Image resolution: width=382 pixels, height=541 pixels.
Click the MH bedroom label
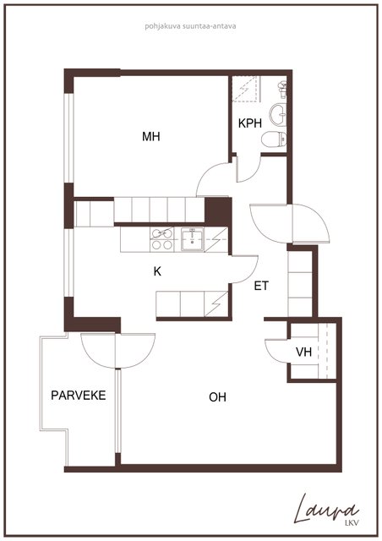pyautogui.click(x=151, y=137)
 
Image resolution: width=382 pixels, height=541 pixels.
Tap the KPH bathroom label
pyautogui.click(x=250, y=123)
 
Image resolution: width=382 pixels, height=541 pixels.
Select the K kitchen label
pyautogui.click(x=157, y=271)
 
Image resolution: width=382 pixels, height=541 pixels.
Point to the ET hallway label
pyautogui.click(x=261, y=286)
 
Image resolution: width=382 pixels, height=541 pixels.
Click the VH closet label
pyautogui.click(x=303, y=352)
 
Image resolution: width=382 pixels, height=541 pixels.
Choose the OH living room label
pyautogui.click(x=217, y=397)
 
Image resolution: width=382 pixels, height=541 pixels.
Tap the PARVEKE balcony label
pyautogui.click(x=79, y=395)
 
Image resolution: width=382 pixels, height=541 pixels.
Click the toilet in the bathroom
pyautogui.click(x=275, y=140)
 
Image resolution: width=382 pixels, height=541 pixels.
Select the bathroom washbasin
pyautogui.click(x=278, y=114)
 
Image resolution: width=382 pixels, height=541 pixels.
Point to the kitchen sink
pyautogui.click(x=193, y=238)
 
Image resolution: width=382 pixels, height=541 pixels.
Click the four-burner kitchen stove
pyautogui.click(x=161, y=239)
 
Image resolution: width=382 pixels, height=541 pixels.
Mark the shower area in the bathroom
pyautogui.click(x=245, y=89)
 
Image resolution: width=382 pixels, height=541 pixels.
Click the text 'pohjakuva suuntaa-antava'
pyautogui.click(x=190, y=26)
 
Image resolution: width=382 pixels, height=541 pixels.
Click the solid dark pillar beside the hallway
pyautogui.click(x=217, y=211)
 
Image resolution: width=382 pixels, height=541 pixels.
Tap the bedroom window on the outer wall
pyautogui.click(x=69, y=138)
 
